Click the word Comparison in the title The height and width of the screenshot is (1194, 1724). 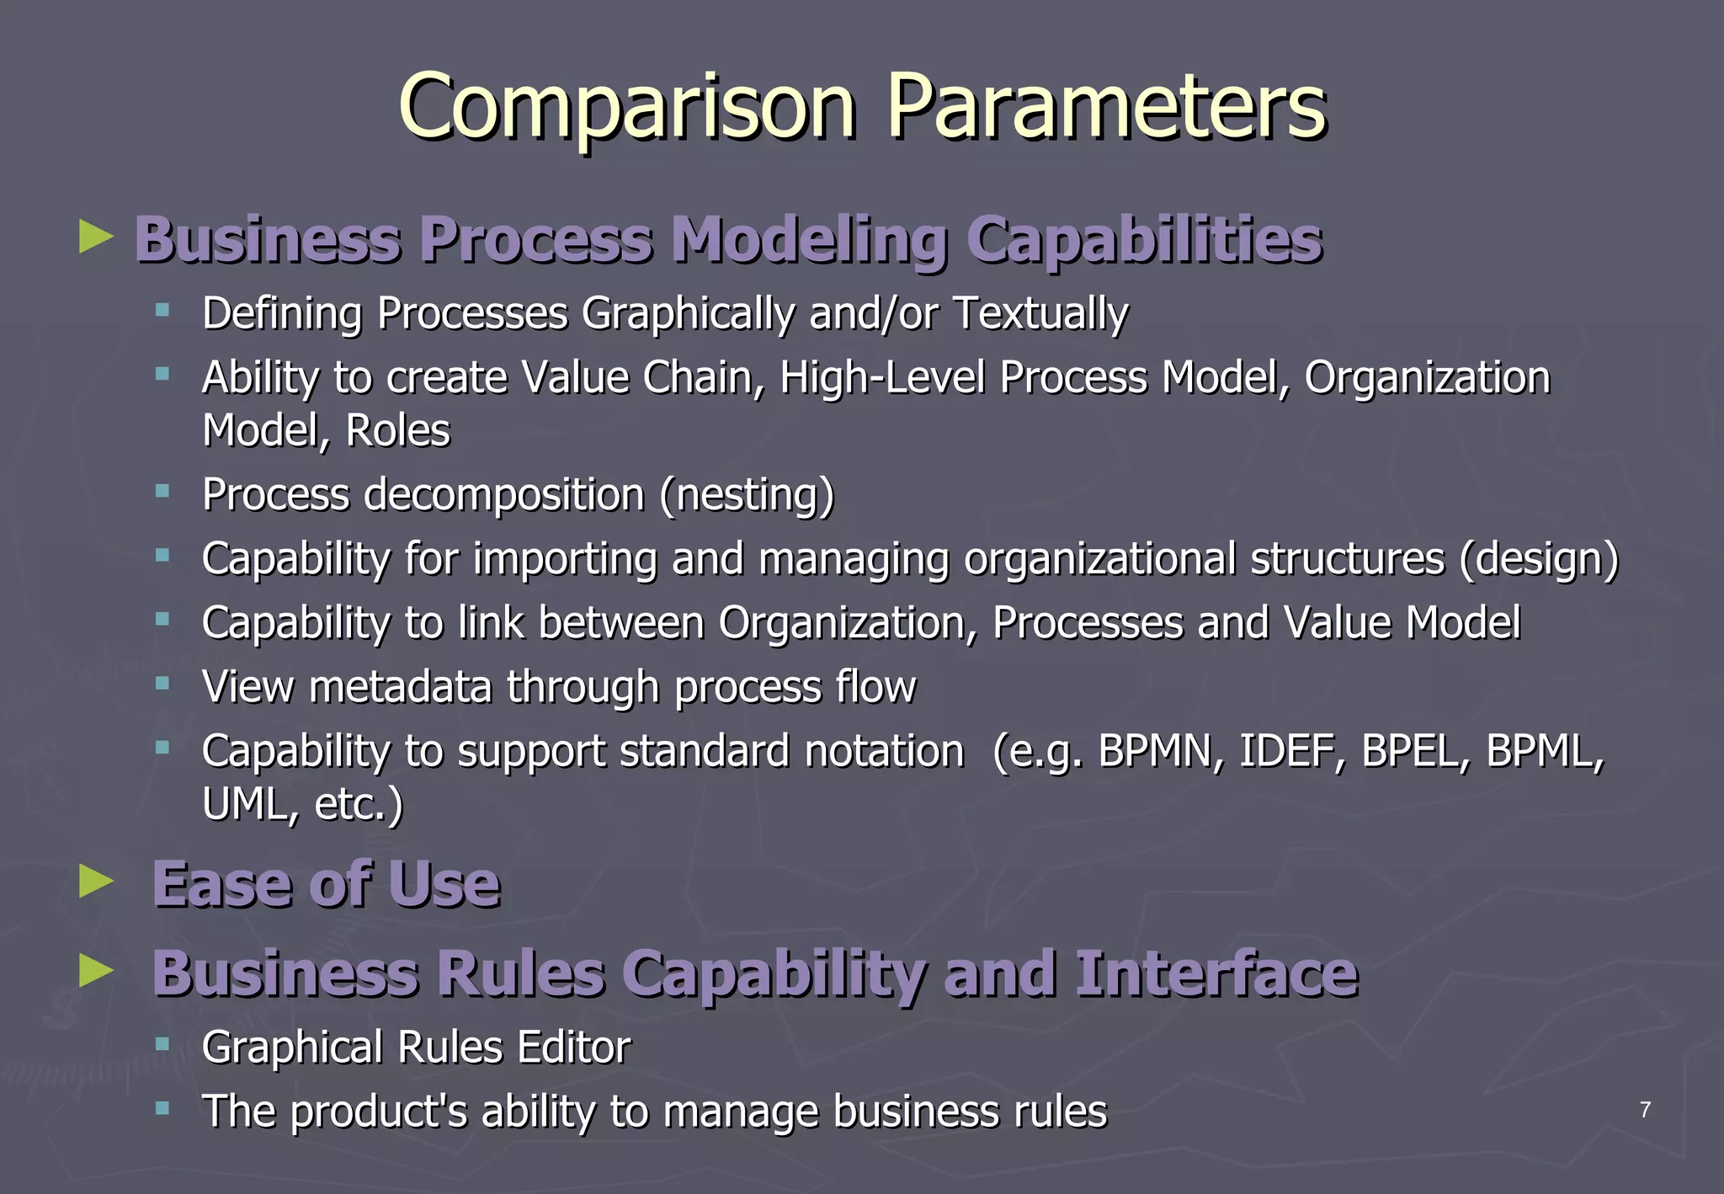[x=627, y=108]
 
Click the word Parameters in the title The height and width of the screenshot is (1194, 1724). [x=1106, y=108]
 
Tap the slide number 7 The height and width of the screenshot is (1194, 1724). [x=1645, y=1110]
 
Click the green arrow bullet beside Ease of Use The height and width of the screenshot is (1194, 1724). [x=96, y=882]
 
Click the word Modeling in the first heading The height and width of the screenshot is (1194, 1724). [x=809, y=240]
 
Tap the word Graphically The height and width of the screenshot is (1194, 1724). [x=687, y=313]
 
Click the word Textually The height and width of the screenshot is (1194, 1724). [x=1040, y=313]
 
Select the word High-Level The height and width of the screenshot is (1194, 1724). [x=881, y=377]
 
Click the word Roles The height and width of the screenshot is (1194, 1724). [x=397, y=430]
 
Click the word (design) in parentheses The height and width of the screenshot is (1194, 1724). [x=1539, y=559]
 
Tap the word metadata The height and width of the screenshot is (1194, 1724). [x=400, y=686]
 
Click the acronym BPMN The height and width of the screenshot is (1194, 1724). [x=1161, y=751]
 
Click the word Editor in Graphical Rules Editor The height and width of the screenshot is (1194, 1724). [x=573, y=1047]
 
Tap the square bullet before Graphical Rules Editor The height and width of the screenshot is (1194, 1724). [x=162, y=1045]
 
